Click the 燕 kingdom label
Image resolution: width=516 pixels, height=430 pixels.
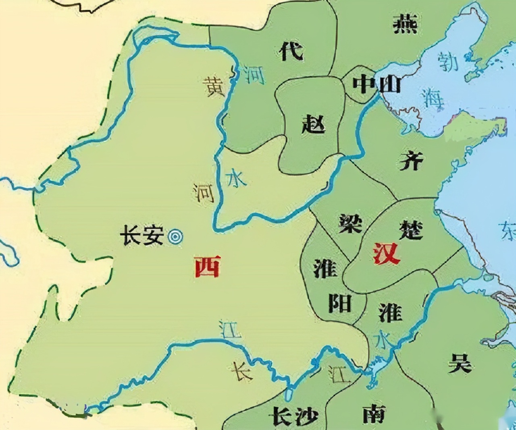click(x=405, y=24)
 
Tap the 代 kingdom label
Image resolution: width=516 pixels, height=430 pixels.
click(x=291, y=51)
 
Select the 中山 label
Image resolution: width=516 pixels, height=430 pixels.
click(x=377, y=85)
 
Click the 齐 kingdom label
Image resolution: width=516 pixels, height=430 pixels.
click(x=412, y=161)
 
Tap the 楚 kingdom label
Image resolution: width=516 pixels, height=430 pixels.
click(x=411, y=229)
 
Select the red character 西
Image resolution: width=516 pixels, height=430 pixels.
click(x=207, y=266)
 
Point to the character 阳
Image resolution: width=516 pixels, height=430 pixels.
click(x=339, y=303)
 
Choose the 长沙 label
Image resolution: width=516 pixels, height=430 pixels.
click(x=295, y=416)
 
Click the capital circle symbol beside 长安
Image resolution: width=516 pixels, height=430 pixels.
click(x=175, y=237)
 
